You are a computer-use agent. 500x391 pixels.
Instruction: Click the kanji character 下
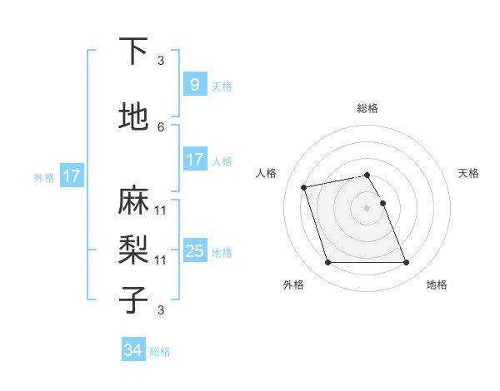point(133,51)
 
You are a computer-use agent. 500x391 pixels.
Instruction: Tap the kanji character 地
point(133,117)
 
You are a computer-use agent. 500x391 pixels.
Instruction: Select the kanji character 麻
point(133,200)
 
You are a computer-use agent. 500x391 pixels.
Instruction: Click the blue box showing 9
point(194,85)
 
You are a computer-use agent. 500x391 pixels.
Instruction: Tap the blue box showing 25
point(194,251)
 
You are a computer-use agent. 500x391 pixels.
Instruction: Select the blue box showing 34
point(133,350)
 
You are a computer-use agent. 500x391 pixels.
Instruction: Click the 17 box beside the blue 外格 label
point(71,176)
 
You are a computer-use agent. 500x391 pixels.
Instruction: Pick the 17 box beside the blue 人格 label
point(194,160)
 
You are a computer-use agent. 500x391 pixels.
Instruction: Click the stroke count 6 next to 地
point(161,126)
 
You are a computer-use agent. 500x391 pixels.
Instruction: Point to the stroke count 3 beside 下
point(161,60)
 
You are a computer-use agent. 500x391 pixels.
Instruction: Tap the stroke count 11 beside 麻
point(161,210)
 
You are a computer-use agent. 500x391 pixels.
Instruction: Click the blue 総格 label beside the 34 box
point(160,352)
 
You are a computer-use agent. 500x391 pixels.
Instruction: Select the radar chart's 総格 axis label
point(367,108)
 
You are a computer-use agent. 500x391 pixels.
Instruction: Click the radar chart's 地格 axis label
point(437,285)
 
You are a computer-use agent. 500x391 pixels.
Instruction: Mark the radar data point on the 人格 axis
point(304,186)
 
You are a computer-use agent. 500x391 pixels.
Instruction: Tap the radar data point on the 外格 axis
point(327,263)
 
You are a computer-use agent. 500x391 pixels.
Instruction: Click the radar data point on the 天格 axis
point(382,203)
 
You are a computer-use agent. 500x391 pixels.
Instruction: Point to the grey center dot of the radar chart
point(367,208)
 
